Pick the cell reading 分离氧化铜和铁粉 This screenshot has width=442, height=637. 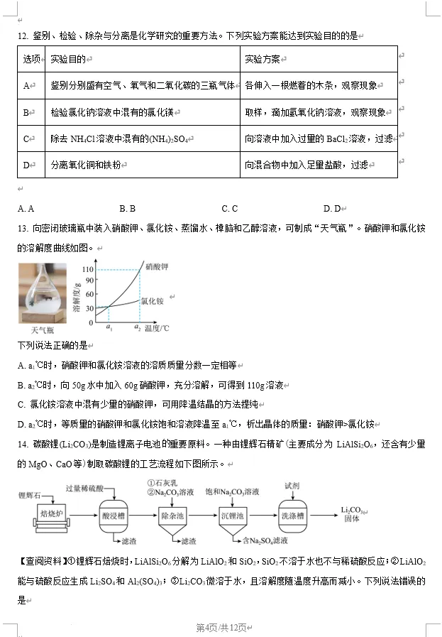[86, 165]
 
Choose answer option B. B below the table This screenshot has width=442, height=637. [127, 208]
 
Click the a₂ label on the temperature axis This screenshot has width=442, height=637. [138, 328]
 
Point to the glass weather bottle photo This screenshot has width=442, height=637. [42, 293]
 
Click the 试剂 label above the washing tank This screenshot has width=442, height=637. [292, 486]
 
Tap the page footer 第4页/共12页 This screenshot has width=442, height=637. [221, 628]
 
